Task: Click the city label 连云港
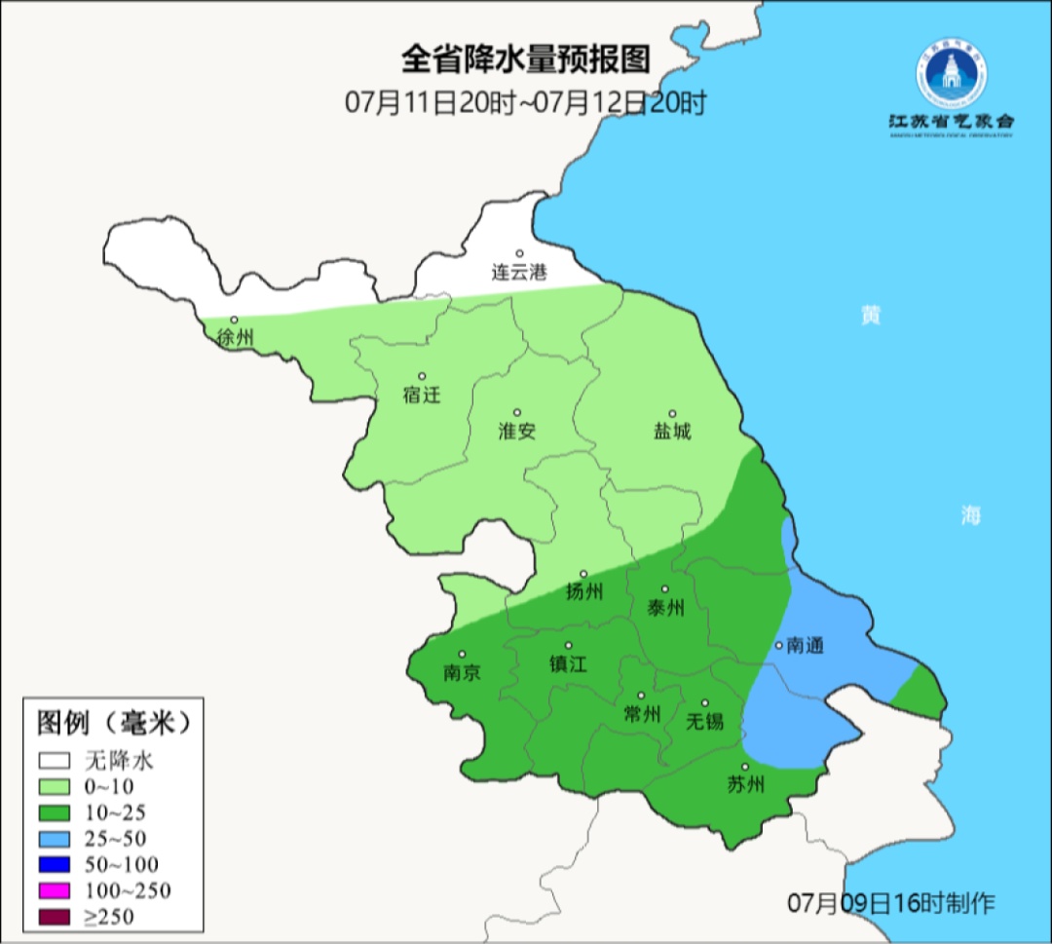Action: click(x=519, y=273)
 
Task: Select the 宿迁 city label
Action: click(x=422, y=395)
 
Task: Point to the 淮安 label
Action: click(x=517, y=431)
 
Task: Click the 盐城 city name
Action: click(x=672, y=431)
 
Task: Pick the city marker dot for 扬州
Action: click(x=583, y=574)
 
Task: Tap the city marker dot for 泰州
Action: click(x=665, y=589)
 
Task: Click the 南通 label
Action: click(x=806, y=645)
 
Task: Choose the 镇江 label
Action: click(x=569, y=663)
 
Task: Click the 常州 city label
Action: click(x=642, y=714)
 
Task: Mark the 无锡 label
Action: click(x=705, y=721)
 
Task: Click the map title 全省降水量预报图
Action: click(x=525, y=60)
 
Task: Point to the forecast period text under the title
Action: click(x=525, y=101)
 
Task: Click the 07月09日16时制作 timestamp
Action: click(x=890, y=903)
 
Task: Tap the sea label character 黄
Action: click(x=870, y=316)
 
